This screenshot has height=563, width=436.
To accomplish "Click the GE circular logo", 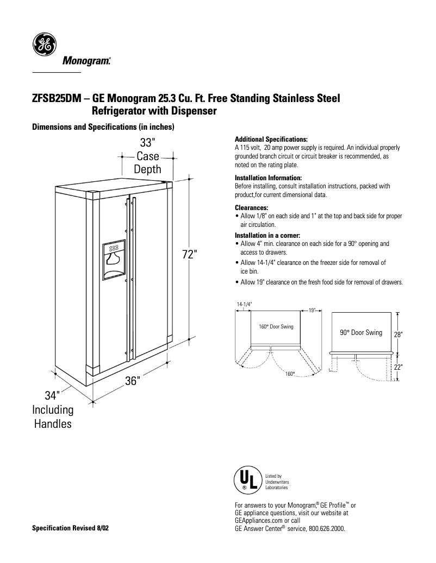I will point(43,44).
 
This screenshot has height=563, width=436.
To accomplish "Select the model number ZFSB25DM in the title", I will point(57,99).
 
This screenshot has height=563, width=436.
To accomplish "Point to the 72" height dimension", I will point(188,255).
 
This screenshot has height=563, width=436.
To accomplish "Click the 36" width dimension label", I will point(133,381).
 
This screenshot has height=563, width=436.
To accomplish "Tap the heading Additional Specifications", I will point(271,140).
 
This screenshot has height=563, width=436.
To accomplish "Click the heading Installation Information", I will point(268,178).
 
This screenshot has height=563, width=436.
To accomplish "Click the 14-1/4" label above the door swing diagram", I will point(244,303).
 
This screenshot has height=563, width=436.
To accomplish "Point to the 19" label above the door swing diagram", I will point(312,310).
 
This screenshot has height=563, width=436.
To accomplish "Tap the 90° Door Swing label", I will point(361,332).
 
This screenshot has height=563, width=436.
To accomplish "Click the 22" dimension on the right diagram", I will point(398,367).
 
